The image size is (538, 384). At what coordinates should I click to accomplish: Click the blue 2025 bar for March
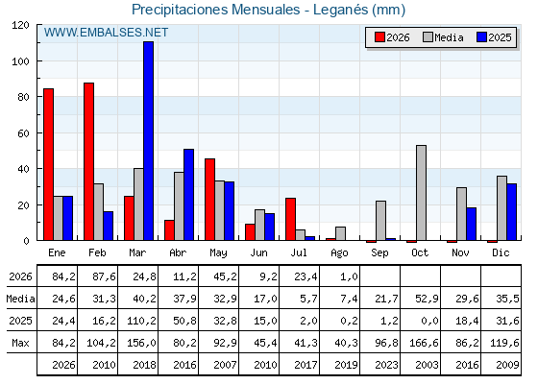pyautogui.click(x=149, y=140)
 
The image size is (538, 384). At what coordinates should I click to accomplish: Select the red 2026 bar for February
pyautogui.click(x=88, y=161)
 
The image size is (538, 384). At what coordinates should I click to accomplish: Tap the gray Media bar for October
pyautogui.click(x=422, y=193)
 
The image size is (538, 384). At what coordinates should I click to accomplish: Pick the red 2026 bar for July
pyautogui.click(x=290, y=219)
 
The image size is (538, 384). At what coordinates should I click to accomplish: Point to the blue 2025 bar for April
pyautogui.click(x=188, y=194)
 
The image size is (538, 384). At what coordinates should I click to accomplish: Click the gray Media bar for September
pyautogui.click(x=380, y=221)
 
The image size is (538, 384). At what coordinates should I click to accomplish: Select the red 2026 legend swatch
pyautogui.click(x=379, y=37)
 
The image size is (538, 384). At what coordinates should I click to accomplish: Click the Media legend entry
pyautogui.click(x=443, y=37)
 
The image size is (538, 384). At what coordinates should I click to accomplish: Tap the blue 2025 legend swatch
pyautogui.click(x=482, y=37)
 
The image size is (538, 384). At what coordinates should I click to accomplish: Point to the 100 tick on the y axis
pyautogui.click(x=38, y=61)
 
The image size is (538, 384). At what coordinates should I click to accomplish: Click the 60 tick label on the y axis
pyautogui.click(x=23, y=133)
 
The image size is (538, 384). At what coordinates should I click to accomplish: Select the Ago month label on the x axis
pyautogui.click(x=339, y=253)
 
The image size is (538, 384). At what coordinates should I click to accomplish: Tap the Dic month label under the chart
pyautogui.click(x=501, y=252)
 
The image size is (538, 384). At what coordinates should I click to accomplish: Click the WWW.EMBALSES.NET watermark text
pyautogui.click(x=106, y=33)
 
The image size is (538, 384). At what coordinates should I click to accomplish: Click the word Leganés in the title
pyautogui.click(x=340, y=10)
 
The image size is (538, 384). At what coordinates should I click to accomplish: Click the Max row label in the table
pyautogui.click(x=20, y=343)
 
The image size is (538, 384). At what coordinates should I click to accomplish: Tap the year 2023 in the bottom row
pyautogui.click(x=386, y=365)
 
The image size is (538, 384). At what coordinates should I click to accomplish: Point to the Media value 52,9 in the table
pyautogui.click(x=427, y=299)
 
